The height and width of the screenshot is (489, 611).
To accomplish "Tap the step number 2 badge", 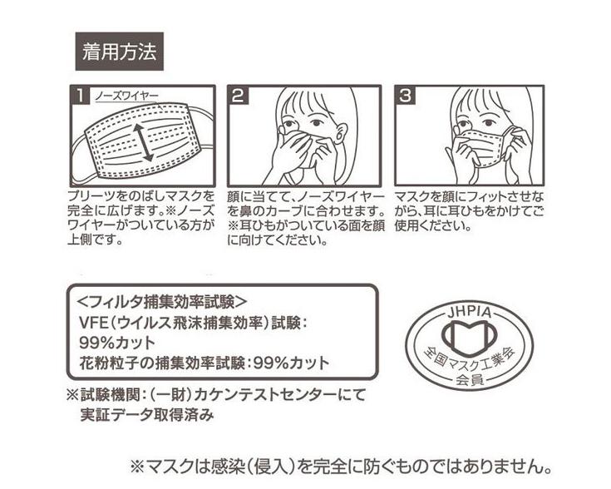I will click(x=239, y=96).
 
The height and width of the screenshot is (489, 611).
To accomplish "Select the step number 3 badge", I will click(x=405, y=96).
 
